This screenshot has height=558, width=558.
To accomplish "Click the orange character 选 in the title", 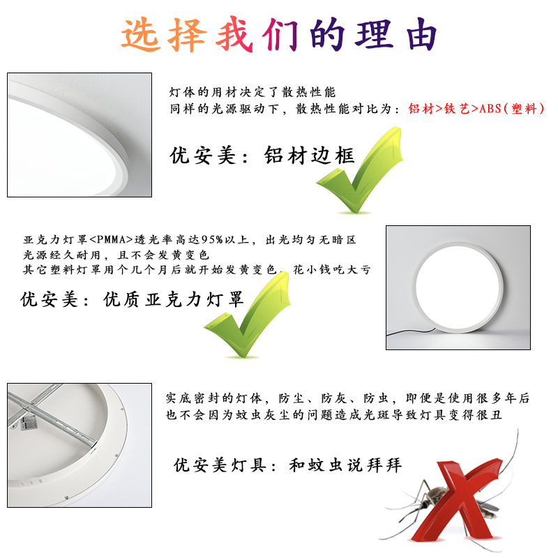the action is click(x=140, y=34).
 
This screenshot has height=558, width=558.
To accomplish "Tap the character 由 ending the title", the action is click(x=421, y=34).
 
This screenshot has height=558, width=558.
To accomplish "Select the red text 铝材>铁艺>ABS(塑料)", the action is click(x=476, y=109).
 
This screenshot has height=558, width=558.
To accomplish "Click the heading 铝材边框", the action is click(x=309, y=156).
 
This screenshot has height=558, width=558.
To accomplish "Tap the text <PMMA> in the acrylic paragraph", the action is click(x=111, y=239).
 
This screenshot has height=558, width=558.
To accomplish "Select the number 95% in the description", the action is click(x=212, y=239).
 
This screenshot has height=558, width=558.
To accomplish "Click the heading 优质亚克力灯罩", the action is click(x=173, y=299).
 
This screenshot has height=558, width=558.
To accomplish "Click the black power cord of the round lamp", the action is click(x=409, y=332).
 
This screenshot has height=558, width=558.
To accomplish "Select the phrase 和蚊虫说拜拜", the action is click(x=345, y=465).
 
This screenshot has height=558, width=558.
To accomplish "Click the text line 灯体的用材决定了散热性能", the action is click(x=252, y=92).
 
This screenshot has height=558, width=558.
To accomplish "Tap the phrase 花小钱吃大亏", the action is click(x=332, y=270).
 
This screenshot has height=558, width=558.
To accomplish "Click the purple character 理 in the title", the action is click(x=374, y=34).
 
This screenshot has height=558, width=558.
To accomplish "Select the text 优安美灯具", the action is click(x=220, y=465).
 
